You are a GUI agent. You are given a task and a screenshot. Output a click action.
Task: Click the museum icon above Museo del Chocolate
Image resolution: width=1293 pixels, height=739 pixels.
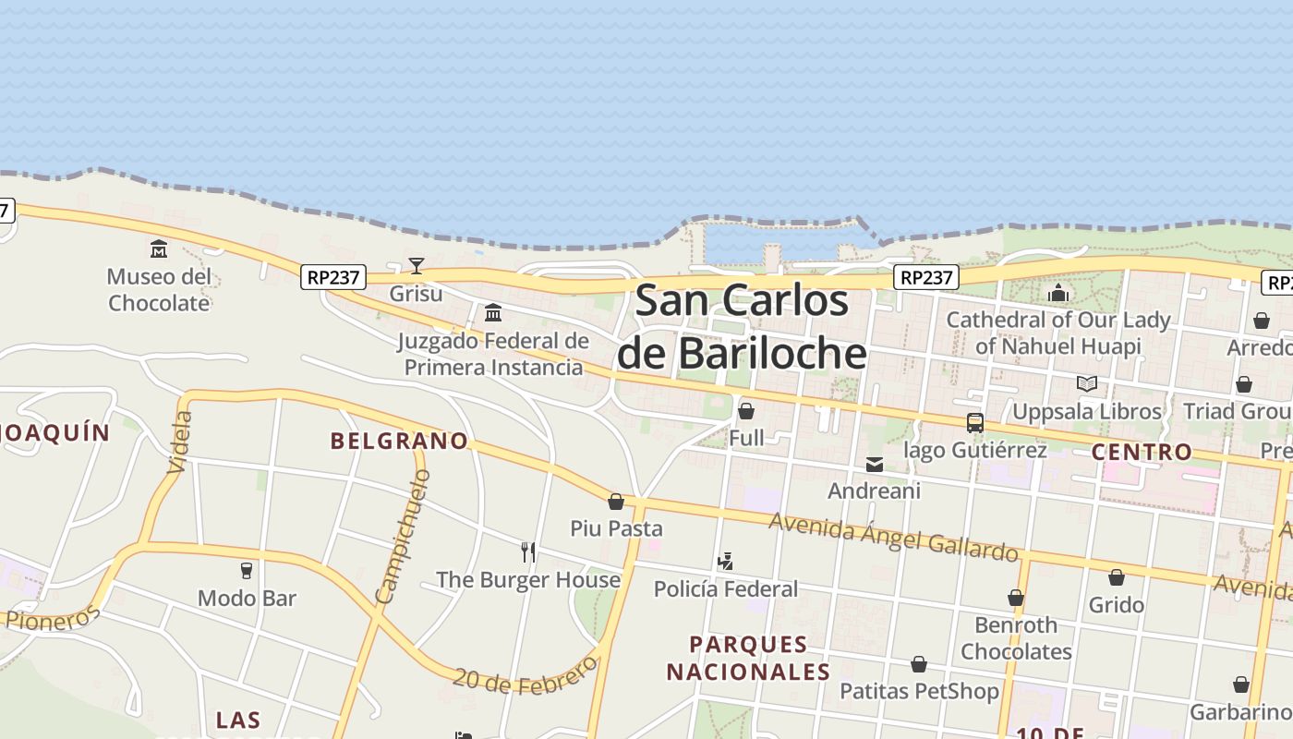[x=159, y=248]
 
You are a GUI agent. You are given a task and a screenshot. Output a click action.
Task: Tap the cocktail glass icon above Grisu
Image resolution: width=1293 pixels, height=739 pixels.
[x=417, y=266]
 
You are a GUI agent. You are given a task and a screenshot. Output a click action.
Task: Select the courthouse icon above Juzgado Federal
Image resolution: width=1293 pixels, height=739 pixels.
[x=493, y=312]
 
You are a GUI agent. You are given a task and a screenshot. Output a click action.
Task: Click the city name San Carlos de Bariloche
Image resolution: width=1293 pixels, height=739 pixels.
[x=742, y=327]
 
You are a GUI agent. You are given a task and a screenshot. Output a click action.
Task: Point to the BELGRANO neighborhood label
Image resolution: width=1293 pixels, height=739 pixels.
[x=399, y=441]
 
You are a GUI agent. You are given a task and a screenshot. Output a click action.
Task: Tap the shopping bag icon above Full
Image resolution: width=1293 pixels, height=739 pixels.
[x=746, y=411]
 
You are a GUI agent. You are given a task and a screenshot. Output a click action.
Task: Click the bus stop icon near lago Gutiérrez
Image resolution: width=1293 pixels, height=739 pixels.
[x=974, y=423]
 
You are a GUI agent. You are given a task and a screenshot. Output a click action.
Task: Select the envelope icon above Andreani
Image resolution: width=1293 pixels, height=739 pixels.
[x=875, y=465]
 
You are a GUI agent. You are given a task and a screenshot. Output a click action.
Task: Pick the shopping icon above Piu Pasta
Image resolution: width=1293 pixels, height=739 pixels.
[x=616, y=502]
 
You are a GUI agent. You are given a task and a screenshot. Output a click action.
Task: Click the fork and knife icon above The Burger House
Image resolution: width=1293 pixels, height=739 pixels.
[x=528, y=552]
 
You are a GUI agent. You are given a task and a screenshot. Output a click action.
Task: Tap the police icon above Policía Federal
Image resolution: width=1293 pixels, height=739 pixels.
[x=726, y=561]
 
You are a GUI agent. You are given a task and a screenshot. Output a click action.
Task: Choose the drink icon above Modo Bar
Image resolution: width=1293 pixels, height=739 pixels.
[x=247, y=570]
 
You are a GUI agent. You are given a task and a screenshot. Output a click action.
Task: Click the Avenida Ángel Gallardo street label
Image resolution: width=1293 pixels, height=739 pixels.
[x=893, y=537]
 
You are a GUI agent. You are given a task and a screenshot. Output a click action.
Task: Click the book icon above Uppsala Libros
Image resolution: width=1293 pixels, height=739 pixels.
[x=1087, y=383]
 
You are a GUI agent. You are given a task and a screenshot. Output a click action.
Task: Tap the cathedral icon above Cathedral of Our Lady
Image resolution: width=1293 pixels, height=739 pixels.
[x=1058, y=294]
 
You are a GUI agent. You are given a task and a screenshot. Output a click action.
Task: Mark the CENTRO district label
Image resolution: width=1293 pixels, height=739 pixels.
[x=1142, y=452]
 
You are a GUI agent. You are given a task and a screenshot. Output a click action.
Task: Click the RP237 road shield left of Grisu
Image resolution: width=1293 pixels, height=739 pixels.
[x=333, y=277]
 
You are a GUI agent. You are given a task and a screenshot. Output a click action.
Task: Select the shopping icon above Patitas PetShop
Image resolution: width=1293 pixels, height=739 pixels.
[x=919, y=664]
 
